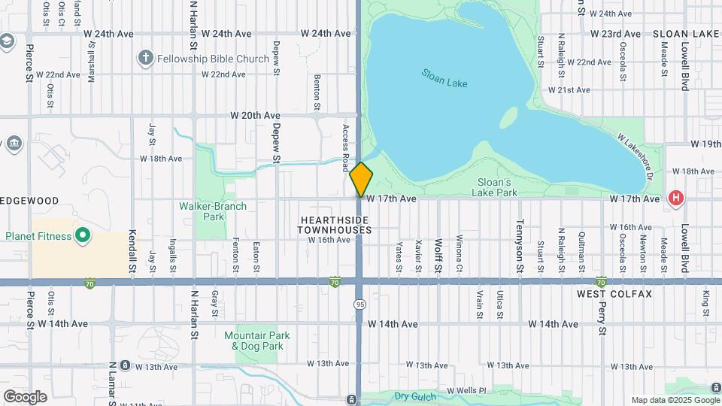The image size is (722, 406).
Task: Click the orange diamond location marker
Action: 361,179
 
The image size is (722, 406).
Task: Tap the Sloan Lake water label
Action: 444,78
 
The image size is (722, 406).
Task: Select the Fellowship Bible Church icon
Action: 146,58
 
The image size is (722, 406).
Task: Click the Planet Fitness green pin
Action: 83,236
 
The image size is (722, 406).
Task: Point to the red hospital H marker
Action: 676,198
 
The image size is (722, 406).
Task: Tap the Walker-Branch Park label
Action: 203,211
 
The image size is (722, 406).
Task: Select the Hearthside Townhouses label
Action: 334,224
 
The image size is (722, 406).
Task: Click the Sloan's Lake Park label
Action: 496,186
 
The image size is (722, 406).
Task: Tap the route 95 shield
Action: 360,304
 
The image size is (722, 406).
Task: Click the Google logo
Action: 25,396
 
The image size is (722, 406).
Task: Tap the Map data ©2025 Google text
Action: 675,400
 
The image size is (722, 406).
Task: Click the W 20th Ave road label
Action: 255,115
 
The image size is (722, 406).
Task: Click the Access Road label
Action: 346,147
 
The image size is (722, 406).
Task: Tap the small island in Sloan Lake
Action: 509,117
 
